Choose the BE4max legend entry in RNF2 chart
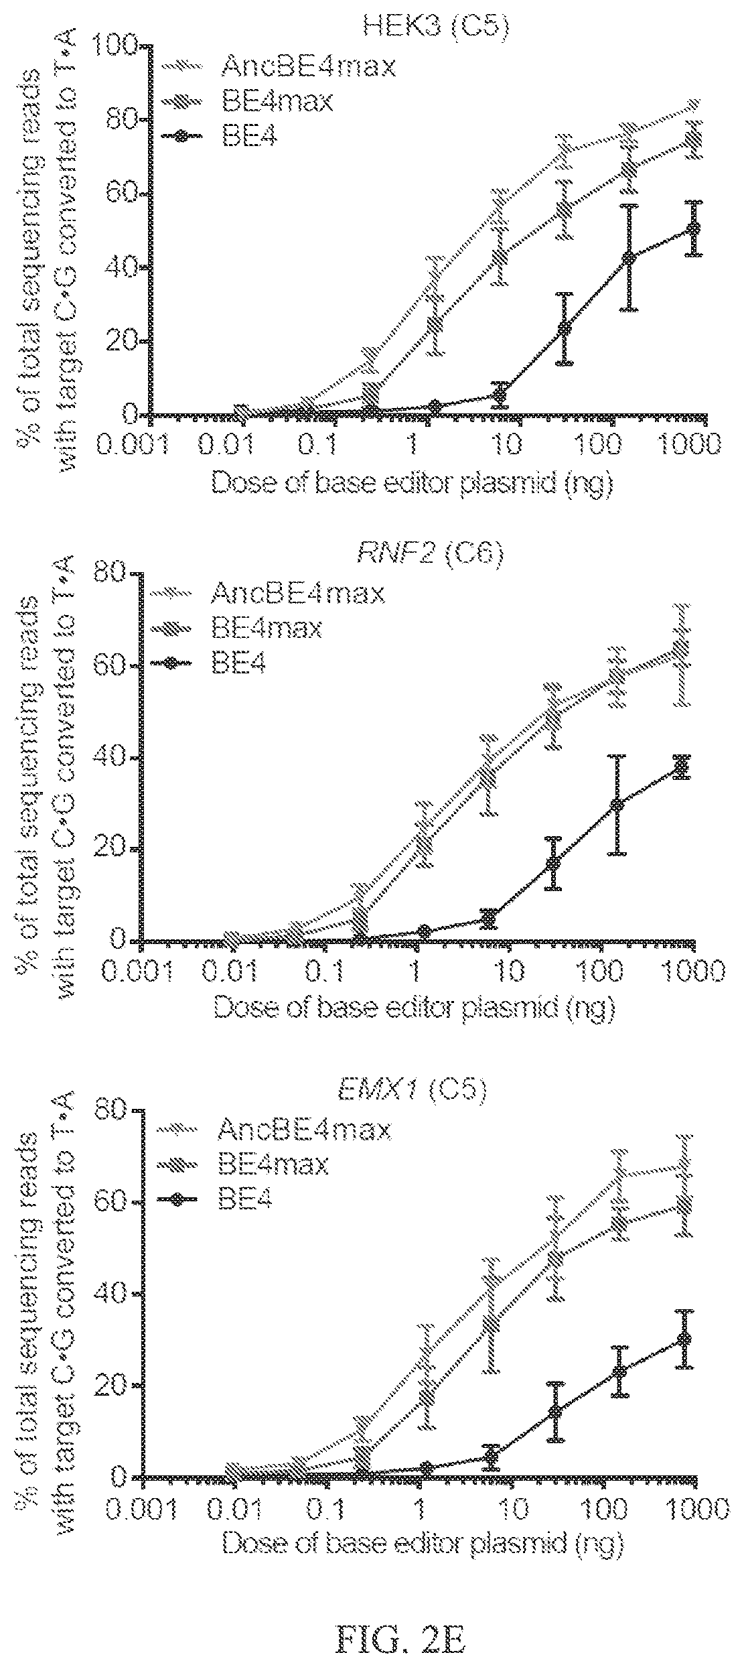coord(238,628)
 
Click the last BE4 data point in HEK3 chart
coord(692,228)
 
